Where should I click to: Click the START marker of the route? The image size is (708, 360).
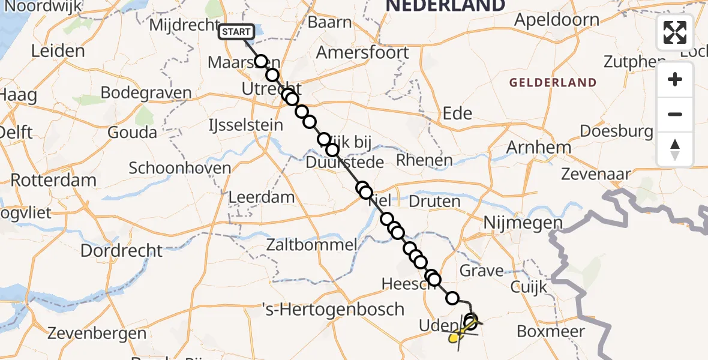click(236, 31)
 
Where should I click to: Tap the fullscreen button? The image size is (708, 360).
click(674, 32)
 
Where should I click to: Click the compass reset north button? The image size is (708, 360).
click(674, 149)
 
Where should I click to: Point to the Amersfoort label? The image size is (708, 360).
click(362, 52)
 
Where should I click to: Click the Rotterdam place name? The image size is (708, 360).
click(53, 180)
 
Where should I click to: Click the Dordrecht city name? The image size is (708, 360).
click(121, 250)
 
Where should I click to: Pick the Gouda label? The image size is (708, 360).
click(133, 133)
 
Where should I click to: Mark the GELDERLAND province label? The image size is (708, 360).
click(553, 83)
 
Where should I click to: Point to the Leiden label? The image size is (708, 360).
click(58, 51)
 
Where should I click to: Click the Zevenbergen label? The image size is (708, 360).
click(97, 333)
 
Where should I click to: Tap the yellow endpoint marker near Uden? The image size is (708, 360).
click(454, 338)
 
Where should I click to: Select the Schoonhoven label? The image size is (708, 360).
click(180, 167)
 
